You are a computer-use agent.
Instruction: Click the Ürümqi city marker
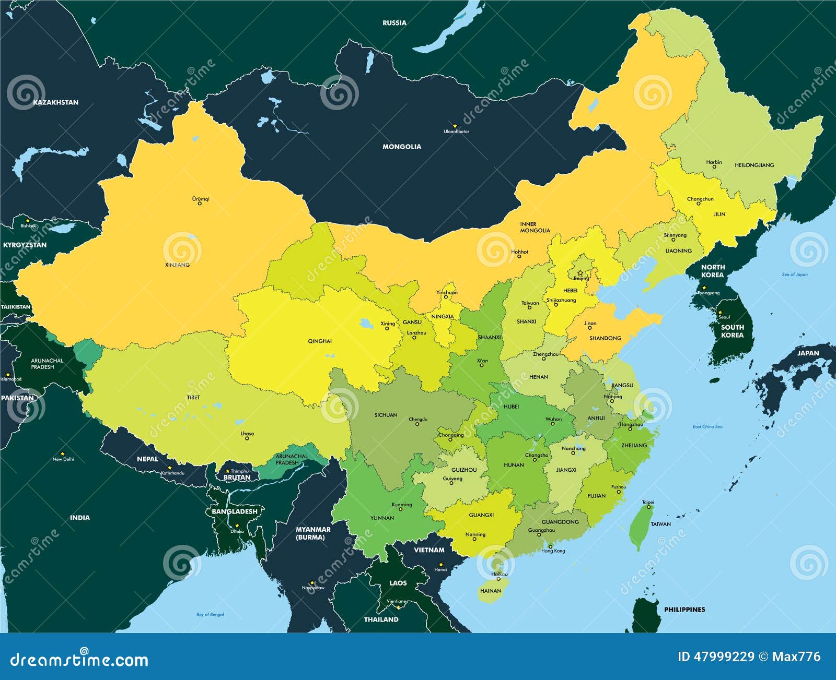tap(199, 203)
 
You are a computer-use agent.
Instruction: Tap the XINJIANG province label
tap(177, 265)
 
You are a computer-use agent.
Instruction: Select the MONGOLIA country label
tap(401, 147)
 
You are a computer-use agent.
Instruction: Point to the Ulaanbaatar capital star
tap(455, 126)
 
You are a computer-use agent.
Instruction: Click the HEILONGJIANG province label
tap(754, 165)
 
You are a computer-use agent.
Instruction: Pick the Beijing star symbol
tap(580, 273)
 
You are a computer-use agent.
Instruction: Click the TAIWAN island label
tap(660, 523)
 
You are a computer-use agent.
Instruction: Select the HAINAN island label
tap(490, 591)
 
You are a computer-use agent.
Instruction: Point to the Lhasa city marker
tap(247, 438)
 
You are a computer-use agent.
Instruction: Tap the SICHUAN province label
tap(386, 415)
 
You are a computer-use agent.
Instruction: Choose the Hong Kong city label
tap(553, 551)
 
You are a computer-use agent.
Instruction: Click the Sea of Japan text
tap(794, 275)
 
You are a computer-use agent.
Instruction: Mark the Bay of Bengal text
tap(210, 614)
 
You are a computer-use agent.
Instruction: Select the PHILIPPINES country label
tap(684, 610)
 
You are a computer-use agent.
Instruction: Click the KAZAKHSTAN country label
tap(55, 102)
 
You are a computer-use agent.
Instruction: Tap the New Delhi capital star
tap(63, 454)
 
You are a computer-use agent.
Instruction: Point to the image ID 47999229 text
tap(716, 657)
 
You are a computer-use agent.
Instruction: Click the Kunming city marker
tap(401, 509)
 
